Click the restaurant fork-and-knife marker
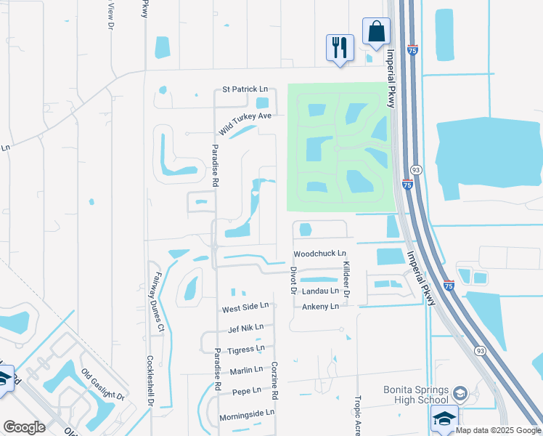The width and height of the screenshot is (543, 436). pyautogui.click(x=340, y=48)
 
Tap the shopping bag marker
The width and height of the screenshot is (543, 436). pyautogui.click(x=376, y=32)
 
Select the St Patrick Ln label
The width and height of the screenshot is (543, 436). pyautogui.click(x=240, y=89)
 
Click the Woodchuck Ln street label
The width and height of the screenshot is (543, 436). pyautogui.click(x=319, y=254)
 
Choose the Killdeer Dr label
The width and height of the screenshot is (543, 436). pyautogui.click(x=346, y=278)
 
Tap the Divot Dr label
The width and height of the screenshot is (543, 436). pyautogui.click(x=294, y=280)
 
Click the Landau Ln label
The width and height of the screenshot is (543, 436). pyautogui.click(x=320, y=291)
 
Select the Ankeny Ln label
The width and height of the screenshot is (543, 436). pyautogui.click(x=320, y=307)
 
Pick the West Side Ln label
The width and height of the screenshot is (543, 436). pyautogui.click(x=245, y=308)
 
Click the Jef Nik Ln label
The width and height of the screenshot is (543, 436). pyautogui.click(x=245, y=328)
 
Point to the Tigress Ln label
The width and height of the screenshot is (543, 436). pyautogui.click(x=245, y=350)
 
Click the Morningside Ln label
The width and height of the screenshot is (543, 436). pyautogui.click(x=248, y=413)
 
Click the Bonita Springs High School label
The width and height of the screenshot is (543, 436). pyautogui.click(x=415, y=395)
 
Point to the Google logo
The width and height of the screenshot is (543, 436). pyautogui.click(x=24, y=427)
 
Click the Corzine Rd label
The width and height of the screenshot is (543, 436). pyautogui.click(x=275, y=382)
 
